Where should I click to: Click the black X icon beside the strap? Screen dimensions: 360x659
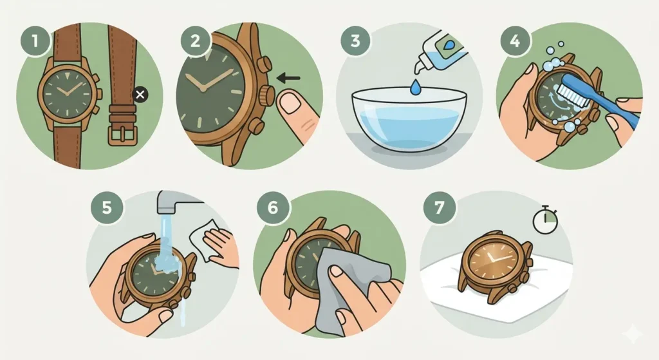click(x=141, y=96)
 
